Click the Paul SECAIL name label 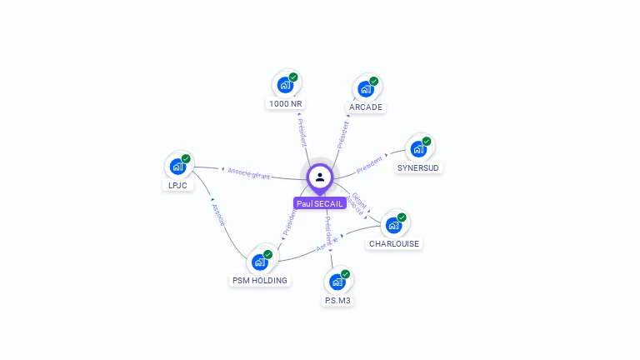tap(319, 203)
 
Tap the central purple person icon tap(320, 177)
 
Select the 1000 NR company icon tap(285, 85)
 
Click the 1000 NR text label tap(285, 104)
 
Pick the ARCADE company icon tap(366, 88)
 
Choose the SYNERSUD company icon tap(418, 149)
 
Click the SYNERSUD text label tap(418, 167)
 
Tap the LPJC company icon tap(177, 166)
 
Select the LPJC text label tap(177, 185)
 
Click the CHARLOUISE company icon tap(393, 225)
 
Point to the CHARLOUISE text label tap(394, 244)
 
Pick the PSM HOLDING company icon tap(259, 262)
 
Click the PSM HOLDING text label tap(260, 281)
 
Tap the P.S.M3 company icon tap(337, 281)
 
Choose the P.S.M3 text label tap(337, 300)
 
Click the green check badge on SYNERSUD tap(427, 142)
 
